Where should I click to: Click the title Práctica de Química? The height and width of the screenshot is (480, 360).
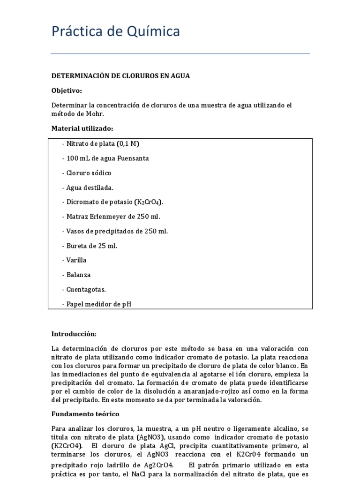click(x=115, y=32)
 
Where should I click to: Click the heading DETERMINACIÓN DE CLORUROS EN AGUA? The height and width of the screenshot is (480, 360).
click(x=120, y=76)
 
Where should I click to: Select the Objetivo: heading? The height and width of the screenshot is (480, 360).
click(x=67, y=90)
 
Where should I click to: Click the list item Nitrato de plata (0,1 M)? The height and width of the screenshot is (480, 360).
click(x=100, y=144)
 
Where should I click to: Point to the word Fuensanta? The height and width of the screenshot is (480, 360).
click(x=134, y=158)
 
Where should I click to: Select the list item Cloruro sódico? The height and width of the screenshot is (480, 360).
click(x=87, y=173)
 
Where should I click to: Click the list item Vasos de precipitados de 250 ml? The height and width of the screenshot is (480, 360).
click(x=114, y=231)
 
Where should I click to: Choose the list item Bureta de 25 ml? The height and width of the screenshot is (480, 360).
click(x=90, y=246)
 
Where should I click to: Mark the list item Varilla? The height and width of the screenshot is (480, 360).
click(x=75, y=260)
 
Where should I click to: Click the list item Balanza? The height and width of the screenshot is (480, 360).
click(x=76, y=275)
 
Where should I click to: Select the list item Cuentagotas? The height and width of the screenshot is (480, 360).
click(x=84, y=289)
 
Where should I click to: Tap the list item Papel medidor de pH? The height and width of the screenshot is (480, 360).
click(x=97, y=304)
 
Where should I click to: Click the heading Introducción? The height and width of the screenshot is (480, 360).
click(x=74, y=334)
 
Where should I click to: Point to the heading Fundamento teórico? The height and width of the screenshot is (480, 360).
click(x=85, y=414)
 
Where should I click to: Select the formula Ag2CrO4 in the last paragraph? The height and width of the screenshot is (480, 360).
click(x=159, y=465)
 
